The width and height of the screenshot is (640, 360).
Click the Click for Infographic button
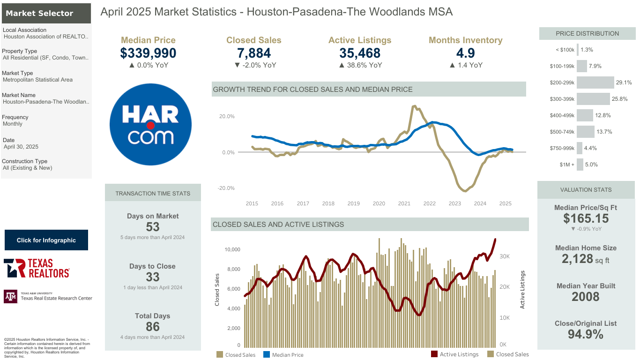(x=46, y=240)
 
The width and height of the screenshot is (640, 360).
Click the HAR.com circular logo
(x=150, y=124)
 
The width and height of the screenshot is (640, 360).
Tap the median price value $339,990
(x=148, y=53)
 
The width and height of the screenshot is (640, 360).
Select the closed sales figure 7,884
(x=254, y=53)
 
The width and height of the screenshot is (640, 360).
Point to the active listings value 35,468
(x=360, y=53)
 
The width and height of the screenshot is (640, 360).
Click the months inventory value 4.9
(x=465, y=53)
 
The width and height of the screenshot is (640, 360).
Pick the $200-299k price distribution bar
(x=595, y=82)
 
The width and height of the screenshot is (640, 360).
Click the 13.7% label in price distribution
(x=604, y=132)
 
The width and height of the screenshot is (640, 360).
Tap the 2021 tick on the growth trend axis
(x=404, y=203)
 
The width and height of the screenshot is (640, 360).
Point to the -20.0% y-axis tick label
(x=226, y=188)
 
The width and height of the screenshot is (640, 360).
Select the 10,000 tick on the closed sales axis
(x=232, y=249)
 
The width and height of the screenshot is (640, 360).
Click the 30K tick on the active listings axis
(x=504, y=256)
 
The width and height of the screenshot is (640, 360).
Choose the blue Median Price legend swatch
(x=266, y=354)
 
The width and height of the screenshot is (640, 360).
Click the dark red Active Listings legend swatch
(x=434, y=354)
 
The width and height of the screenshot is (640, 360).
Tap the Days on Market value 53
(x=153, y=227)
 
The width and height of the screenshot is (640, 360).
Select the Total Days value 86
(x=153, y=327)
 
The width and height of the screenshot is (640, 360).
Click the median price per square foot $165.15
(x=586, y=218)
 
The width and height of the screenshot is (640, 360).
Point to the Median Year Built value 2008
(x=586, y=297)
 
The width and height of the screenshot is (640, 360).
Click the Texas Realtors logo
(x=37, y=268)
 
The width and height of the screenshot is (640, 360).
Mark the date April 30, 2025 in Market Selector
(x=21, y=147)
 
